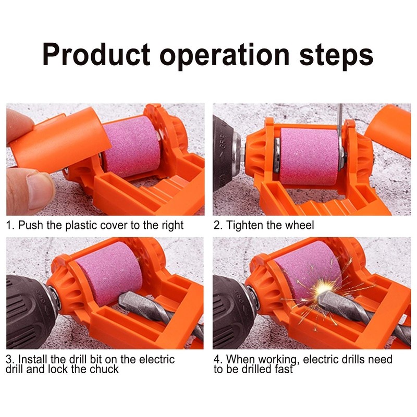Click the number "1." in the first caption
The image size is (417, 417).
point(10,226)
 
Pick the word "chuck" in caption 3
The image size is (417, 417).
point(105,370)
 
